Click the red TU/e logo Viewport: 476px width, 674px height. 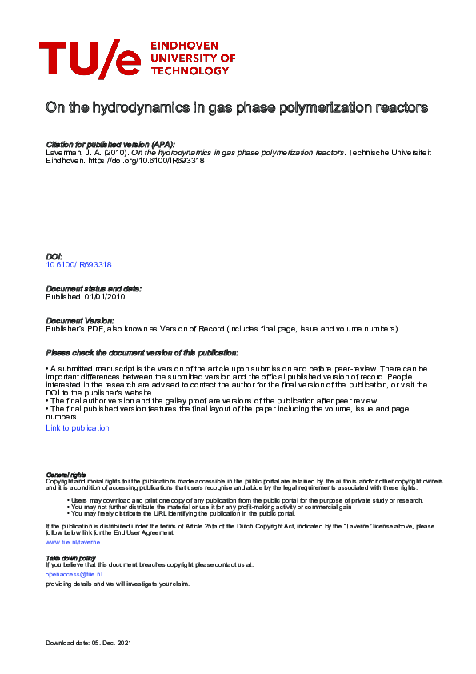pyautogui.click(x=89, y=58)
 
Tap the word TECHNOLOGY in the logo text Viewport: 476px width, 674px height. pyautogui.click(x=190, y=70)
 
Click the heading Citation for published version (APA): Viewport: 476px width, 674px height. pyautogui.click(x=110, y=145)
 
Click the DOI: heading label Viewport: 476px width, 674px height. pyautogui.click(x=55, y=256)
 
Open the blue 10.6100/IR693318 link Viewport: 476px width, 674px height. pyautogui.click(x=78, y=264)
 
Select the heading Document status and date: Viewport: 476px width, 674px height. pyautogui.click(x=94, y=288)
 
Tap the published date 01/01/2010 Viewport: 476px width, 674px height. pyautogui.click(x=105, y=296)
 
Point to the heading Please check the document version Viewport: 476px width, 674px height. pyautogui.click(x=142, y=353)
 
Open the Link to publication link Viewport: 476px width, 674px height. pyautogui.click(x=78, y=428)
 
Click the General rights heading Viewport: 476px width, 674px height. pyautogui.click(x=66, y=475)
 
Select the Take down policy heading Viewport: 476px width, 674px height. pyautogui.click(x=70, y=557)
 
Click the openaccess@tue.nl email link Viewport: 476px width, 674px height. pyautogui.click(x=73, y=574)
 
